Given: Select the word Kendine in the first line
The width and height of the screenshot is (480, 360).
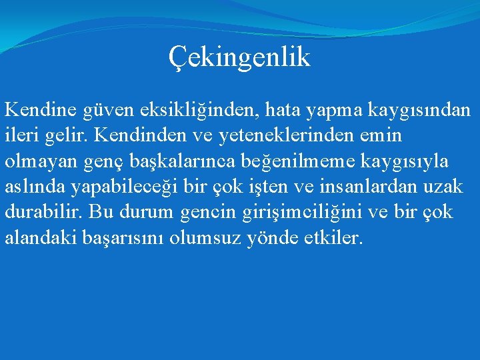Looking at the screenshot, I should pyautogui.click(x=41, y=109).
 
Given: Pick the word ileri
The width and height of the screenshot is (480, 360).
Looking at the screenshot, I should pyautogui.click(x=23, y=135).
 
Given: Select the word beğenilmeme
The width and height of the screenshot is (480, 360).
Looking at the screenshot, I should pyautogui.click(x=283, y=162).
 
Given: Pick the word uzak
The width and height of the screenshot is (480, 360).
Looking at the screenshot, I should pyautogui.click(x=447, y=187).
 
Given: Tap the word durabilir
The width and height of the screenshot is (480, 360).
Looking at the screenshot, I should pyautogui.click(x=42, y=213).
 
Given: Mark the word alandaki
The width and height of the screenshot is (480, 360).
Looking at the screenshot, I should pyautogui.click(x=42, y=239).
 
